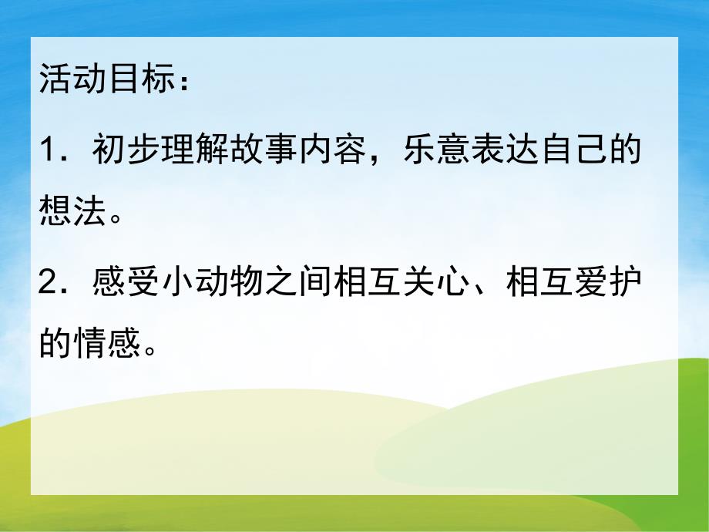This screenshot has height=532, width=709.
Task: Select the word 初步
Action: point(126,150)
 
